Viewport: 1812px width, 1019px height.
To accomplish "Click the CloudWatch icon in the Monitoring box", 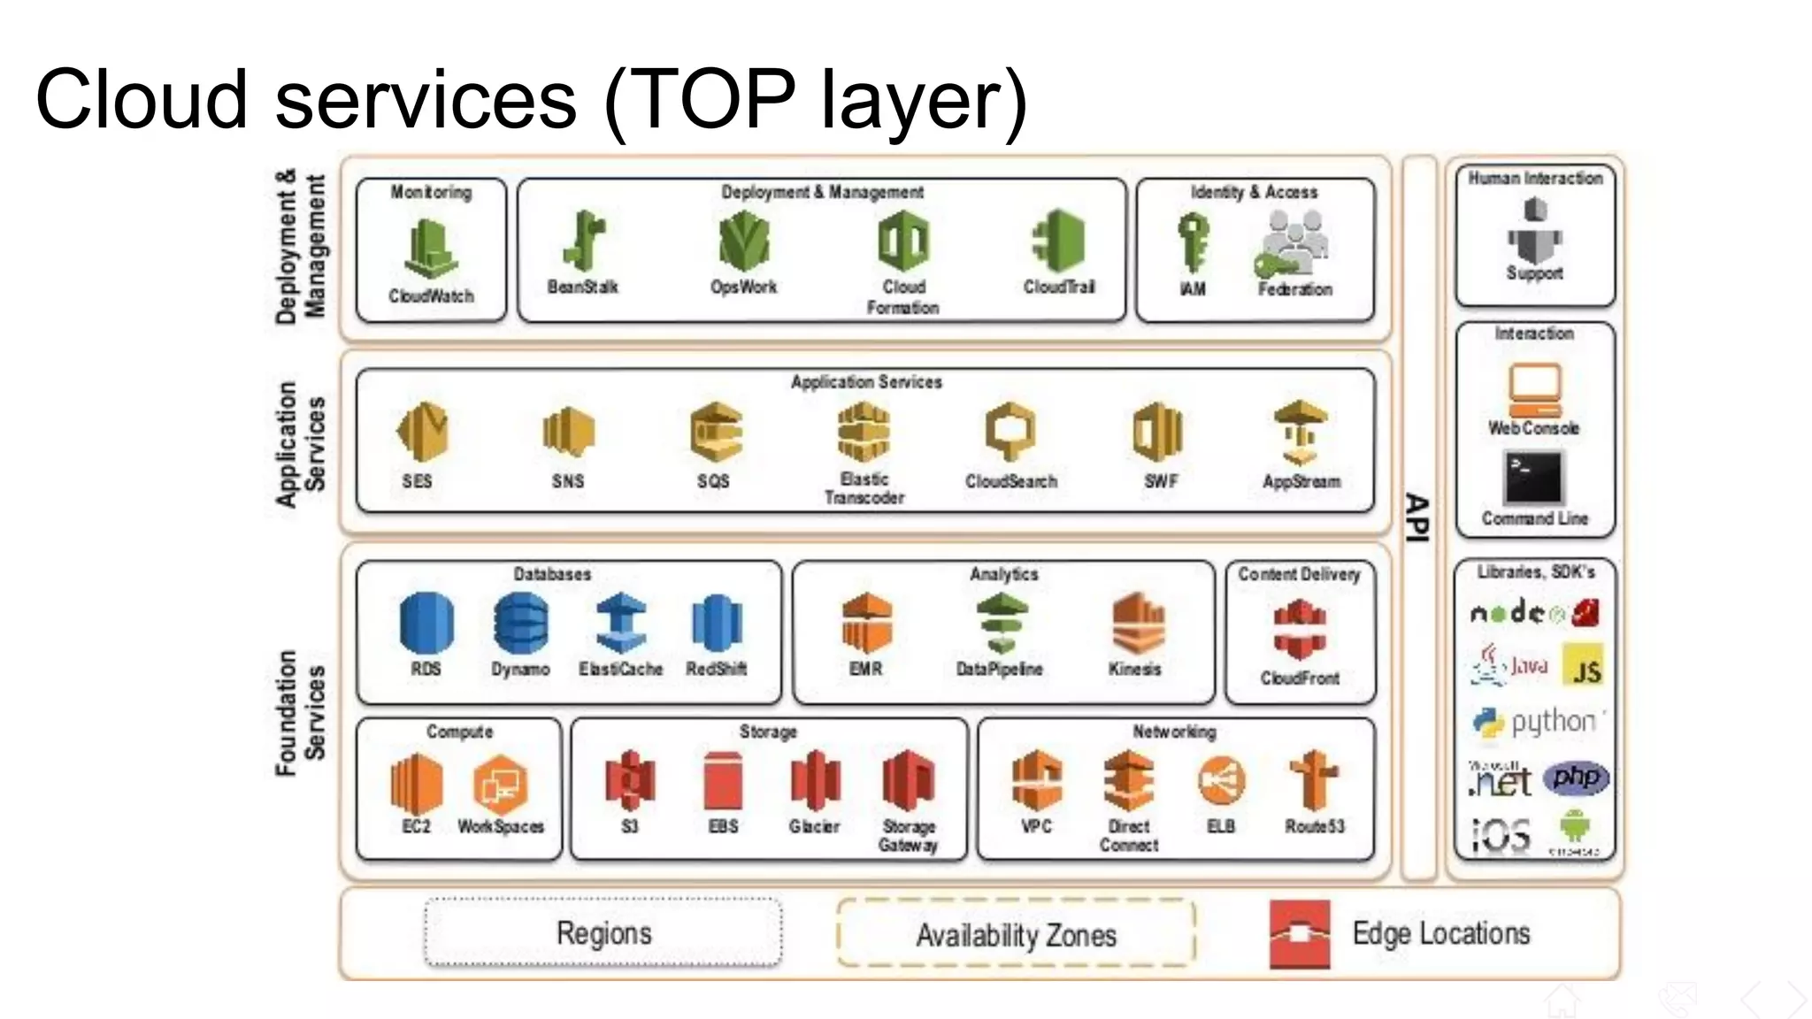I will (x=431, y=249).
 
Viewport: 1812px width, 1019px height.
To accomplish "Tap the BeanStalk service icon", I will (x=583, y=241).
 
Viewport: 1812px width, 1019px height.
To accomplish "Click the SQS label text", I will (x=713, y=481).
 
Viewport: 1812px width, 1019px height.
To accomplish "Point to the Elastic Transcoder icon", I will (x=864, y=432).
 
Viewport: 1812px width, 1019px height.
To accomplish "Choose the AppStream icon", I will (x=1300, y=433).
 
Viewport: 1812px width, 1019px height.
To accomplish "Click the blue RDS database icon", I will (x=426, y=623).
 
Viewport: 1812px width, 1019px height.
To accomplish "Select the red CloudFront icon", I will (x=1299, y=630).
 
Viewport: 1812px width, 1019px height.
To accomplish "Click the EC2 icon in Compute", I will (x=416, y=784).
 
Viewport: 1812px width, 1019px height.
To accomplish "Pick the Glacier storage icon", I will (x=815, y=781).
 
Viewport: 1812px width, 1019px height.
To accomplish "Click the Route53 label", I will (x=1314, y=826).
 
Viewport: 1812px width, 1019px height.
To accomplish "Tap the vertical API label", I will (x=1417, y=517).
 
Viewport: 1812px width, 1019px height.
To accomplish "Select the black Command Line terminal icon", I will (x=1533, y=478).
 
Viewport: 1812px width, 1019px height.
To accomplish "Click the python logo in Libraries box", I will (x=1535, y=722).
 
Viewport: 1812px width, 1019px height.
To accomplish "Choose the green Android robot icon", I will (x=1574, y=827).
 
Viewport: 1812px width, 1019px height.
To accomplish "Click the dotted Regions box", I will (x=603, y=933).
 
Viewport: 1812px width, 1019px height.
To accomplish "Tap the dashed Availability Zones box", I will (x=1016, y=935).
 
